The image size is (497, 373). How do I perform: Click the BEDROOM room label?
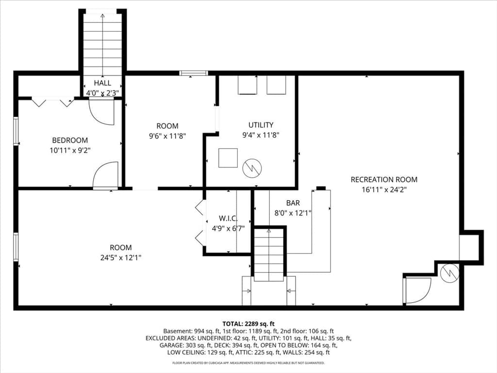pyautogui.click(x=70, y=140)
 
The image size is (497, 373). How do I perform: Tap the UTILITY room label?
pyautogui.click(x=261, y=125)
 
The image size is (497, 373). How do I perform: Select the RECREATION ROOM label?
pyautogui.click(x=384, y=180)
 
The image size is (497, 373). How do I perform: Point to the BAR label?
pyautogui.click(x=293, y=203)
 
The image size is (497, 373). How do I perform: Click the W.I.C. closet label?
pyautogui.click(x=228, y=218)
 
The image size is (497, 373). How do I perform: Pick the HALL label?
pyautogui.click(x=102, y=83)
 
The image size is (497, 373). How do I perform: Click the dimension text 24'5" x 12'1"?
pyautogui.click(x=121, y=257)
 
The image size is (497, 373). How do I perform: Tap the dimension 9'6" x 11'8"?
pyautogui.click(x=167, y=136)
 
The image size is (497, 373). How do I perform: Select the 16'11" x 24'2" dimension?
pyautogui.click(x=384, y=190)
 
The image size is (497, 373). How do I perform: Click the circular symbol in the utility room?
pyautogui.click(x=252, y=168)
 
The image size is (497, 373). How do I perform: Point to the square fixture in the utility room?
pyautogui.click(x=228, y=158)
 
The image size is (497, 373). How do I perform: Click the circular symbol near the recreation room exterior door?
pyautogui.click(x=450, y=273)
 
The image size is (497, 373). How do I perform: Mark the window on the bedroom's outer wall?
pyautogui.click(x=16, y=131)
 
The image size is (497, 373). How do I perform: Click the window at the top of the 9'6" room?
pyautogui.click(x=193, y=73)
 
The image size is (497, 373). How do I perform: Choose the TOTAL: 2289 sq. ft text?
pyautogui.click(x=248, y=324)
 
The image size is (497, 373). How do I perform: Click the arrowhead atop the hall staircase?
pyautogui.click(x=102, y=16)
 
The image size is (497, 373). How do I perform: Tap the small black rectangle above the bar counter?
pyautogui.click(x=321, y=188)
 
